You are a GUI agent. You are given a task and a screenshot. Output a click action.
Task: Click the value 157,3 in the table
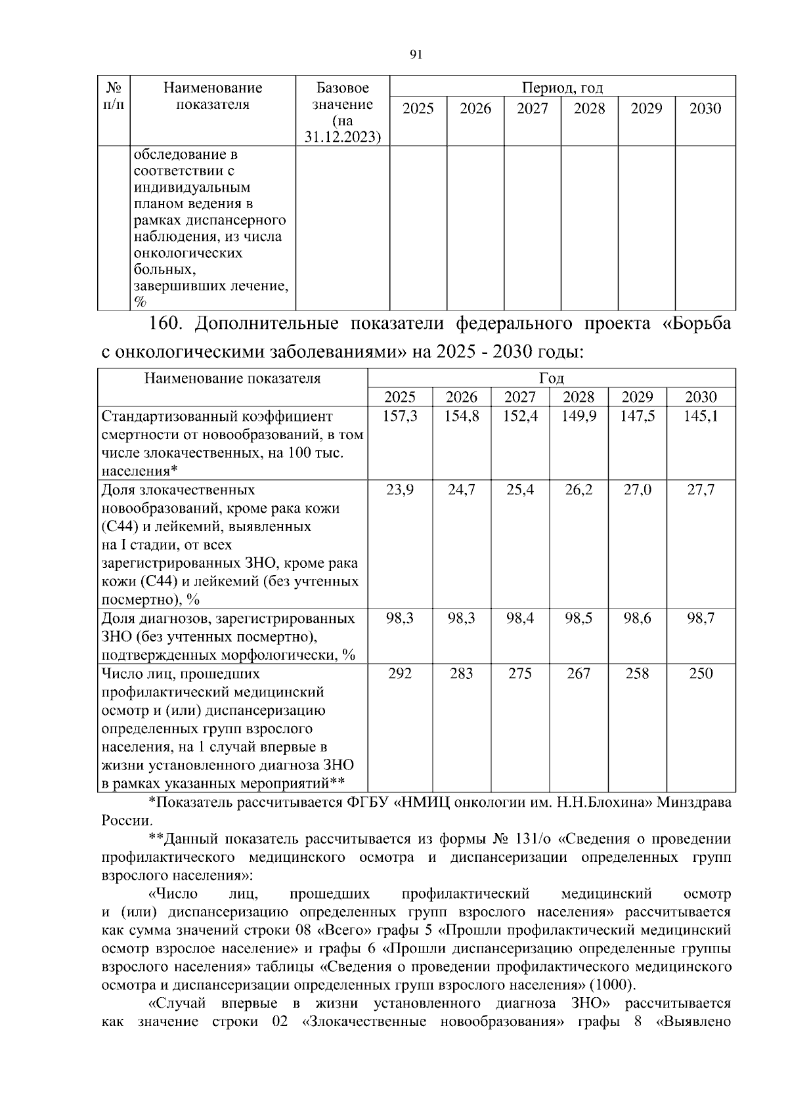tap(399, 416)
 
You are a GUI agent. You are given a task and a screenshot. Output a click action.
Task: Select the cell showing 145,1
tap(701, 416)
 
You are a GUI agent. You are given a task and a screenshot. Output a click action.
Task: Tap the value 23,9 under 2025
tap(399, 490)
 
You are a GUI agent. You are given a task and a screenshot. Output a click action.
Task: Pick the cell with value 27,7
tap(701, 490)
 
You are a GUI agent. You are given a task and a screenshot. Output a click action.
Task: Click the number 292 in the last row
tap(399, 674)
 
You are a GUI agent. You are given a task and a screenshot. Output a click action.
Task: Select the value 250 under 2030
tap(701, 674)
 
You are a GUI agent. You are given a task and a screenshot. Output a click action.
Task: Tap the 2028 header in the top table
tap(589, 108)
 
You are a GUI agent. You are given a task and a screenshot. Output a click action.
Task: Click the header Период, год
tap(562, 87)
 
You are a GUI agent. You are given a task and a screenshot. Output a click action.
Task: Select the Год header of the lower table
tap(552, 378)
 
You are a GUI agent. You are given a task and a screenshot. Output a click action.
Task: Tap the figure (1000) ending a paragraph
tap(612, 985)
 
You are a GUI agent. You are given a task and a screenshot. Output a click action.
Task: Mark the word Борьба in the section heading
tap(700, 324)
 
